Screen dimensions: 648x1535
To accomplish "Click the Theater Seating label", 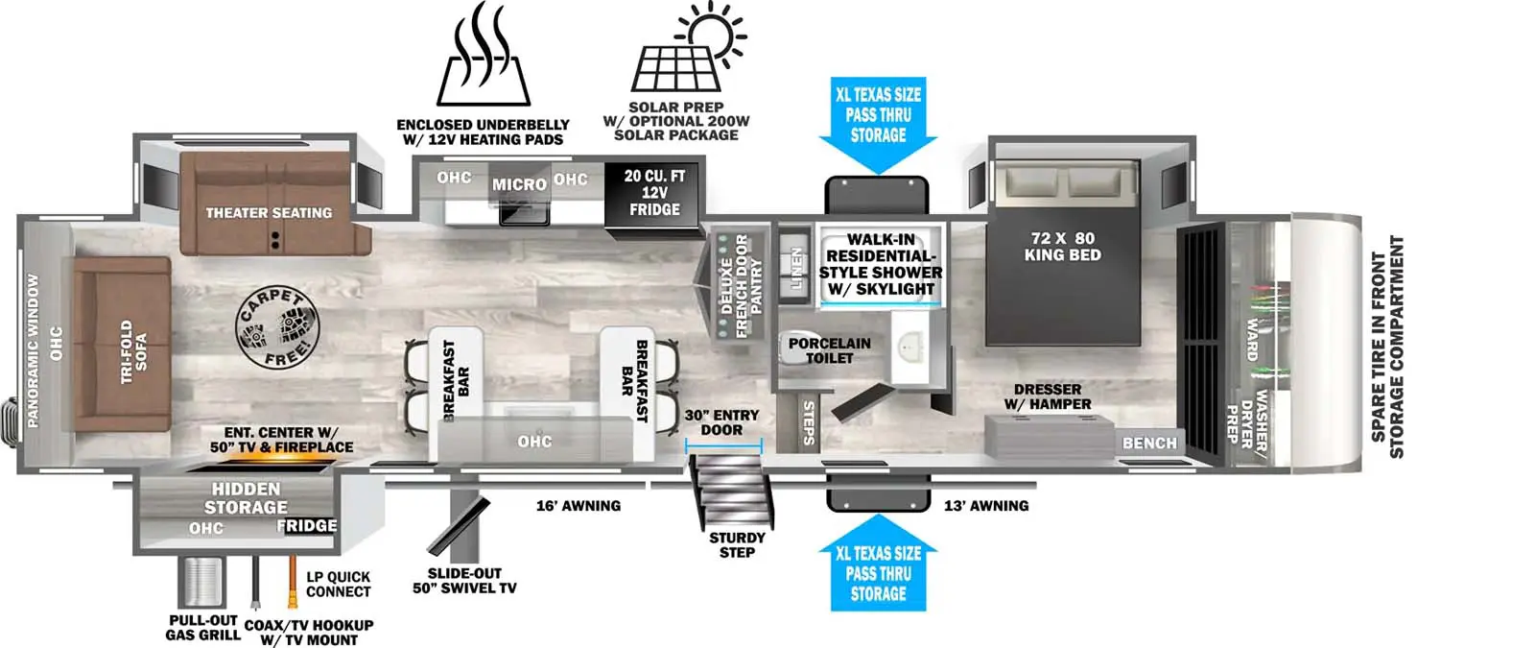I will [x=269, y=213].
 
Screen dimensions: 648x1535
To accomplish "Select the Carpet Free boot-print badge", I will [x=275, y=328].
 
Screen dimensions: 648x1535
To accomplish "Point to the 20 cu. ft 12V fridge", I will [x=653, y=193].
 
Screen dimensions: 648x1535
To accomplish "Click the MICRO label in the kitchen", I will [x=519, y=184].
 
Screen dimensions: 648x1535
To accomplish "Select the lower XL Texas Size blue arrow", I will [x=878, y=572].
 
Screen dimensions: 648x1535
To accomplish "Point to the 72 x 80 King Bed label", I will [x=1062, y=247].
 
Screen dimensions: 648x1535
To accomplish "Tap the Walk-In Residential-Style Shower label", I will [x=880, y=264].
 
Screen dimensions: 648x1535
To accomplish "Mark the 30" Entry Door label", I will [x=721, y=422].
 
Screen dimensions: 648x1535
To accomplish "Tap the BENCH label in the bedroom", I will [x=1149, y=443].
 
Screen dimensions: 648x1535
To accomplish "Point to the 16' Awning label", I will [x=578, y=506].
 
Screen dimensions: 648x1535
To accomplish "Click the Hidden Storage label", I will [x=246, y=498].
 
